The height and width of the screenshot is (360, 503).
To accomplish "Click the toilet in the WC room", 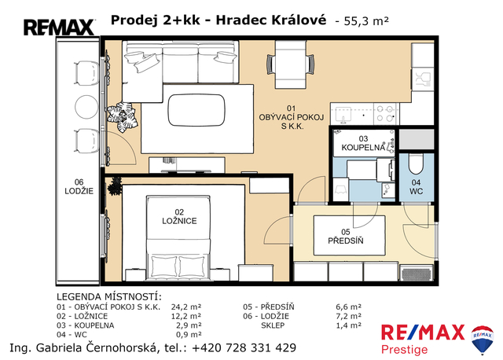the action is pos(416,164).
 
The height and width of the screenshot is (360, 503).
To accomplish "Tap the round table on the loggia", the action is pos(86,107).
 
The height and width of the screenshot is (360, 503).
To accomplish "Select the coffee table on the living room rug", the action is pos(196,110).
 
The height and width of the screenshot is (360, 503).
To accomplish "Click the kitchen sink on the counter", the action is pos(343,115).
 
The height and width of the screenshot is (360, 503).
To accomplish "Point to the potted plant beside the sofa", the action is pos(122,116).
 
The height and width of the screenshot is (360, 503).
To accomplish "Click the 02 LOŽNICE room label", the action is pos(179,217).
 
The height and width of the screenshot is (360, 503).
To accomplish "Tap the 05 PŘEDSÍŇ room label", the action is pos(346,237).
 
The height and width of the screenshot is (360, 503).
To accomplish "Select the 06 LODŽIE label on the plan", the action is pos(79,187).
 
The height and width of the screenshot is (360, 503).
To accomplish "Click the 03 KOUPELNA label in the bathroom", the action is pos(363,143).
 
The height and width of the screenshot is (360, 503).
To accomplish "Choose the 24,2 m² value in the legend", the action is pos(186,307).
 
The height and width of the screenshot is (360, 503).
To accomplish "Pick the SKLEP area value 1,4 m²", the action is pos(349,325).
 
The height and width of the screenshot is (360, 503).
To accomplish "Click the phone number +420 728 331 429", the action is pos(244,347).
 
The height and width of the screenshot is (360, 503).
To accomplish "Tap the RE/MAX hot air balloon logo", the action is pos(482,340).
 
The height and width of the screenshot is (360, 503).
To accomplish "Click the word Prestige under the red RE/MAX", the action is pos(404,350).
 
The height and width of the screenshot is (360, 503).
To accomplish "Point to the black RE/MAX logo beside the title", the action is pos(59,28).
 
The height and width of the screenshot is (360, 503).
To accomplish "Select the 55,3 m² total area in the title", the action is pos(366,21).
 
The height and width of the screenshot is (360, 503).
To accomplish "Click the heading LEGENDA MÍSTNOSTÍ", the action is pos(109,297).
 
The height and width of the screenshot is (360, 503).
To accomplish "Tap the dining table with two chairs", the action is pos(291,64).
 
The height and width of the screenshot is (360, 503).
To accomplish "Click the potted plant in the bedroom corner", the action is pos(115,186).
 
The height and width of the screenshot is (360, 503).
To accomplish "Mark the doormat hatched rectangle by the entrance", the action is pos(417,274).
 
